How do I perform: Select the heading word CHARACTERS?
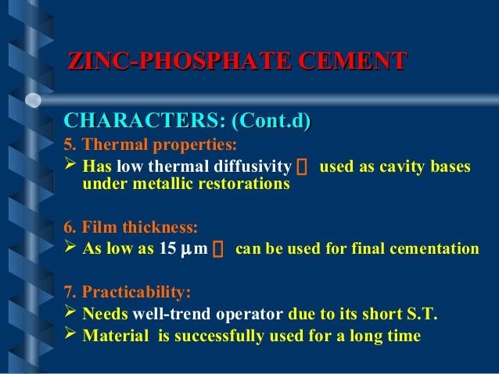tap(142, 122)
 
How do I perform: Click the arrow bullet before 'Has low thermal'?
tap(70, 166)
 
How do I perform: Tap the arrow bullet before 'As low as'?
tap(70, 249)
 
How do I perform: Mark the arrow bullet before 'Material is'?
tap(70, 336)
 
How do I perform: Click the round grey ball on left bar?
tap(33, 99)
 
